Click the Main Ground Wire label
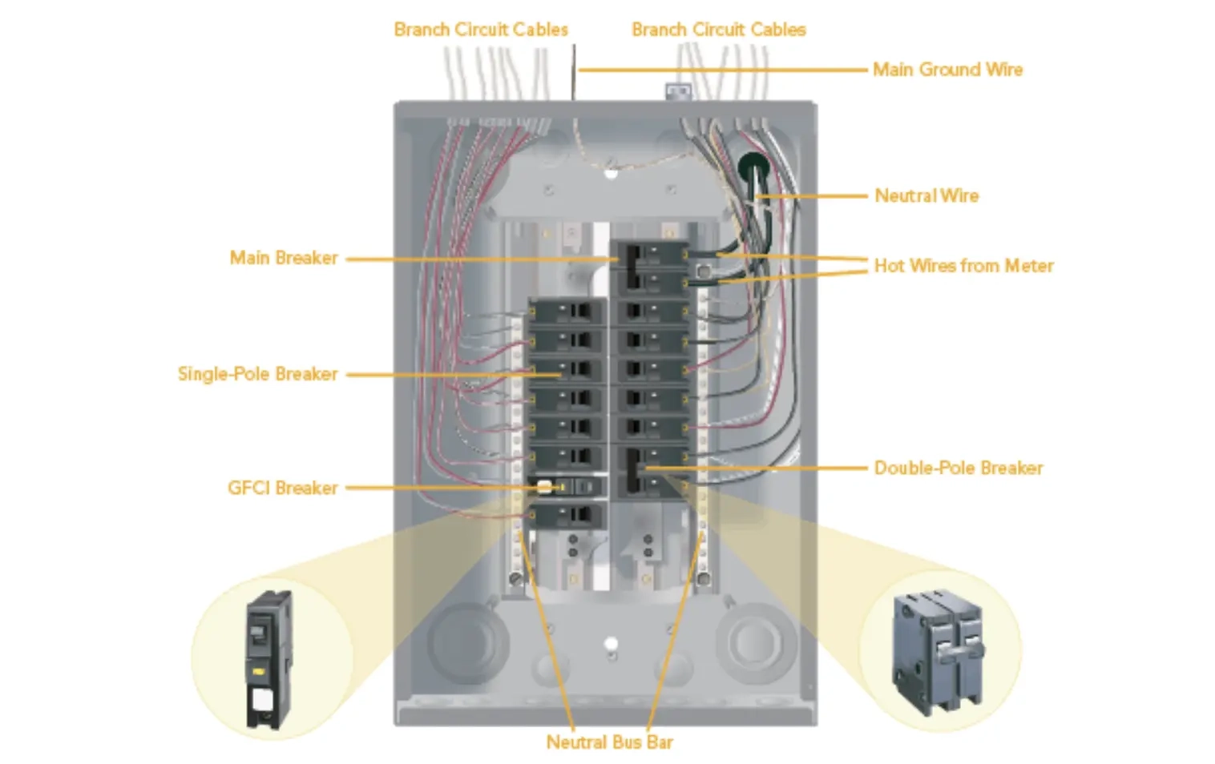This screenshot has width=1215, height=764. click(x=947, y=70)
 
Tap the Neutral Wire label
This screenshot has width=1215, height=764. click(x=926, y=195)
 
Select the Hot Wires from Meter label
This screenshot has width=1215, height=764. click(x=963, y=266)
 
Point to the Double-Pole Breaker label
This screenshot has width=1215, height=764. click(x=959, y=468)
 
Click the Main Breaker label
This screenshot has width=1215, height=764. click(x=284, y=258)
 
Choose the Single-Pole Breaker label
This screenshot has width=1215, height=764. click(x=257, y=374)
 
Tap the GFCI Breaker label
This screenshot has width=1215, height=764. click(x=282, y=488)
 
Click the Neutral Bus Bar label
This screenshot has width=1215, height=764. click(x=609, y=742)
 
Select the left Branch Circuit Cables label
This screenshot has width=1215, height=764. click(x=481, y=30)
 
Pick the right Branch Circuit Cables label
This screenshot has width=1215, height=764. click(x=718, y=30)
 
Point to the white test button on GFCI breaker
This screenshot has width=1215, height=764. click(x=544, y=487)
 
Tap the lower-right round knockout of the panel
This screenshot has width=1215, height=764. click(x=753, y=641)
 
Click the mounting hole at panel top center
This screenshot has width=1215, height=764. click(x=611, y=172)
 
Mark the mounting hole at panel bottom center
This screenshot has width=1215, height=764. click(x=611, y=643)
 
